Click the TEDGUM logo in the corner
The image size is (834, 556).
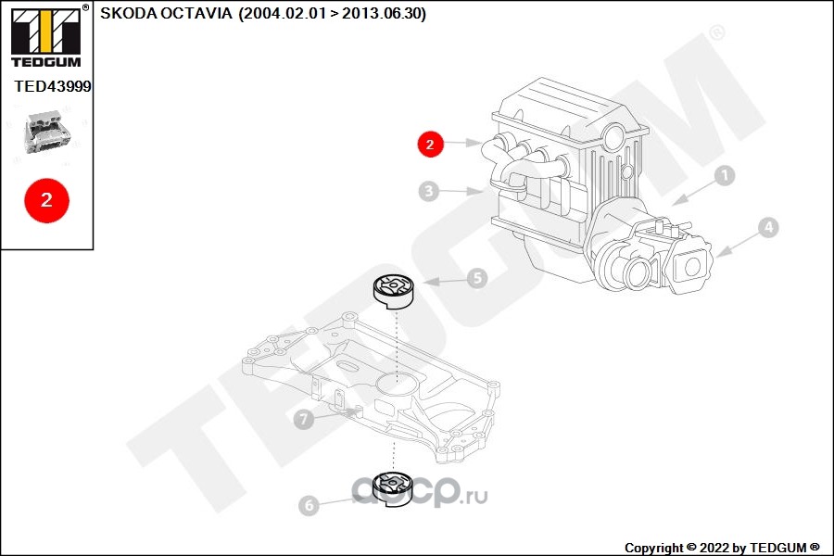coord(46,35)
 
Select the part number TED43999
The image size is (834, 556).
coord(53,86)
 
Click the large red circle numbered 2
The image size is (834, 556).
coord(47,200)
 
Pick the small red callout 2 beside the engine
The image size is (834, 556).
coord(430,144)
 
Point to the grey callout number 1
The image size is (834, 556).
coord(724,175)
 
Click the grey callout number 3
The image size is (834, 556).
coord(429,191)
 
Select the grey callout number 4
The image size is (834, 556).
coord(768,228)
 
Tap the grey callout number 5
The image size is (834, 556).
coord(477,278)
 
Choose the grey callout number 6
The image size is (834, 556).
coord(309,505)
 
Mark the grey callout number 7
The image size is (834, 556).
coord(304,419)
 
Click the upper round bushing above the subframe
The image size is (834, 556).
coord(393,291)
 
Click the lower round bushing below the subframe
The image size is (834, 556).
coord(393,489)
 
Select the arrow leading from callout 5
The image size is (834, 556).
coord(445,281)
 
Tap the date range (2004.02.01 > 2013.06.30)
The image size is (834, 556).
coord(333,13)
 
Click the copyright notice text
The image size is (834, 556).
coord(722,548)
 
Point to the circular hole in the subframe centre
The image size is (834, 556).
coord(394,381)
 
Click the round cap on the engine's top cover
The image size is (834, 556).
coord(615,135)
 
